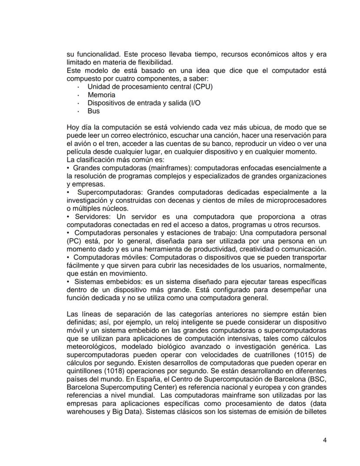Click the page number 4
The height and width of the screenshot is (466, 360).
coord(325,440)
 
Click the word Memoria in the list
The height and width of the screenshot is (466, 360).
coord(101,95)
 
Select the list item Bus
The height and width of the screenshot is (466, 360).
coord(93,111)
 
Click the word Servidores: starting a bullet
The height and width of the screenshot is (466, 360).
coord(93,217)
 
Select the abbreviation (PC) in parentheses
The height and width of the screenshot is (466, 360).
coord(75,241)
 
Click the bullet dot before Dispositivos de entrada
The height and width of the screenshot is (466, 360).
coord(78,104)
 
